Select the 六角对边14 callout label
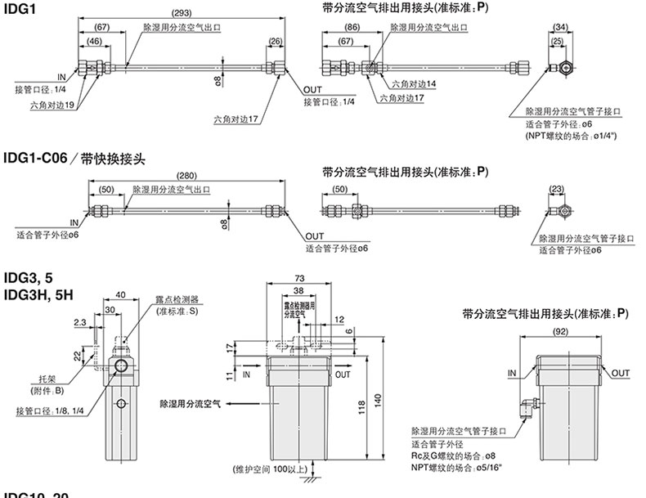(x=414, y=83)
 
